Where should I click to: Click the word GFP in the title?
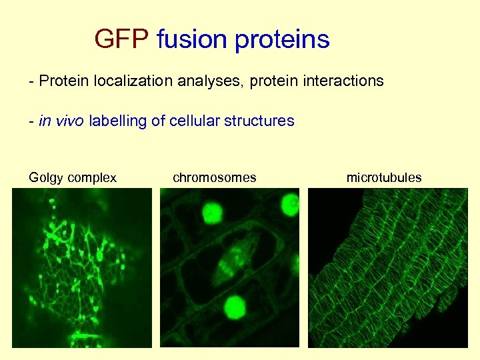(121, 40)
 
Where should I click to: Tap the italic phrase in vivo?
(62, 121)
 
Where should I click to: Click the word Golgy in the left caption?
(45, 177)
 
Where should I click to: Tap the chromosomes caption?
(214, 177)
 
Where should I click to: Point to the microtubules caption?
(384, 177)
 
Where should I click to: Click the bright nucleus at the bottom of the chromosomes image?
(234, 307)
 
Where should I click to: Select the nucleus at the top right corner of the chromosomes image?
(290, 204)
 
